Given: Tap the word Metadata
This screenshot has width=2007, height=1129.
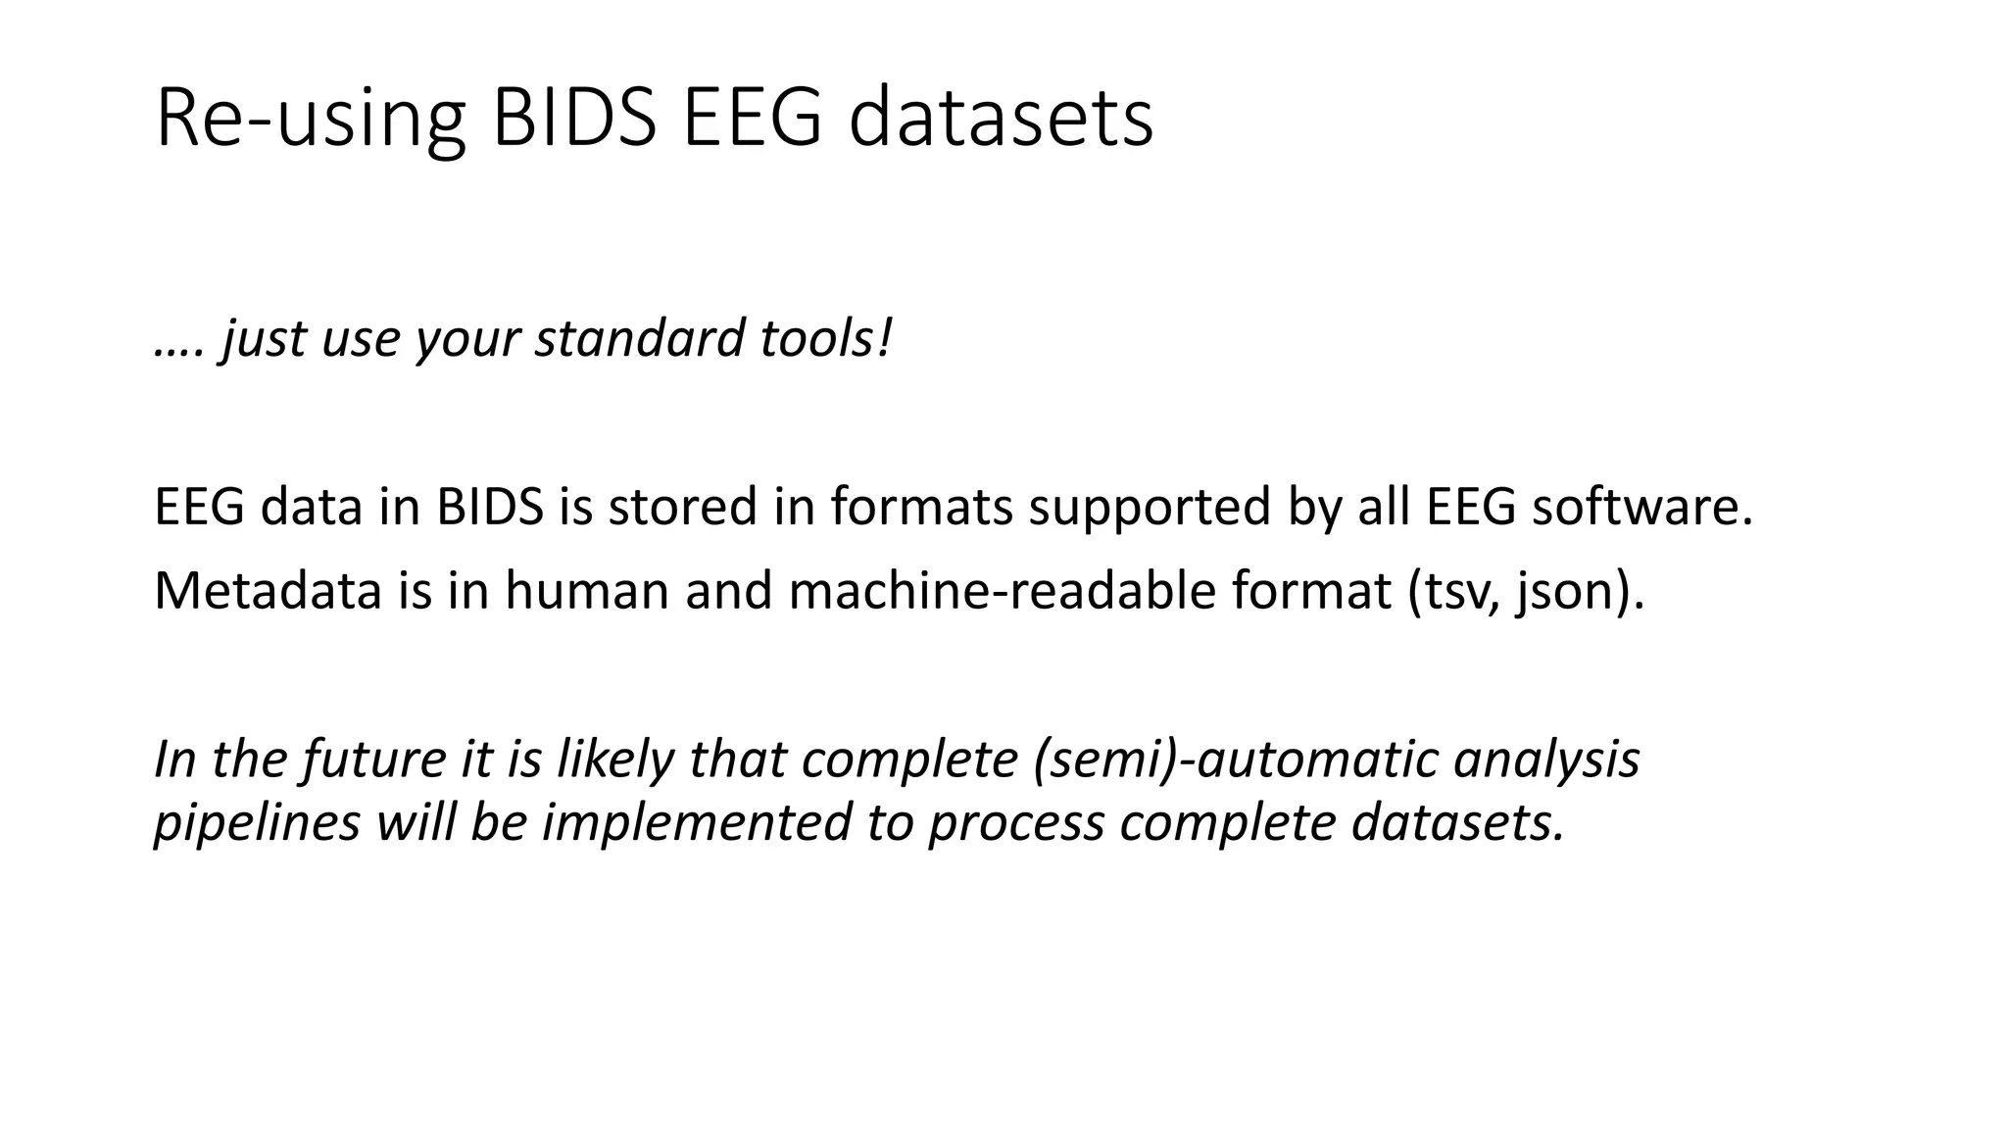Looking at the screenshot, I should pyautogui.click(x=268, y=591).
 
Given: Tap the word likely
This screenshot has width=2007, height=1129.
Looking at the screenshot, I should pyautogui.click(x=614, y=760).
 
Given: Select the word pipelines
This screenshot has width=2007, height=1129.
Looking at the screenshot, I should pyautogui.click(x=257, y=822).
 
